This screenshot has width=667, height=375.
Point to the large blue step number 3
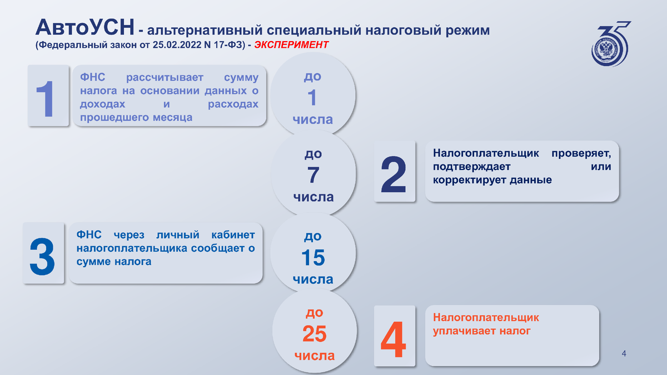[x=43, y=257]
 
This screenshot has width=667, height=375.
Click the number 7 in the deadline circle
[x=313, y=176]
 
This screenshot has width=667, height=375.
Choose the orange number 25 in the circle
[x=315, y=334]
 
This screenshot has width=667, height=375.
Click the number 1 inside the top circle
[x=312, y=98]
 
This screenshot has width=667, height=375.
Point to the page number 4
[x=624, y=354]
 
